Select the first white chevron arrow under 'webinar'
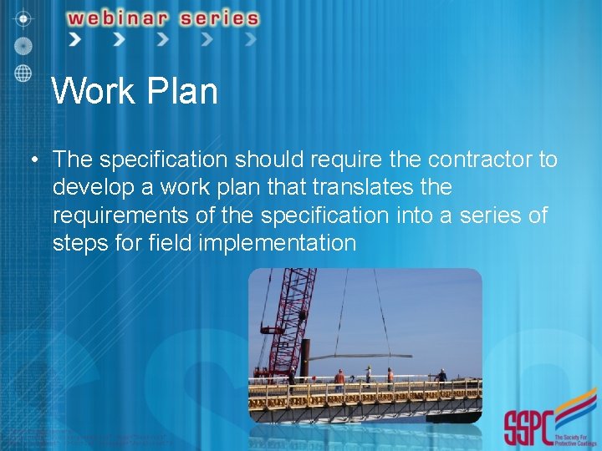click(x=75, y=39)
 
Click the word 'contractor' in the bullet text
click(x=482, y=160)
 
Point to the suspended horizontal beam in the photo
click(x=360, y=356)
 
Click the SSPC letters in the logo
click(x=528, y=428)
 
